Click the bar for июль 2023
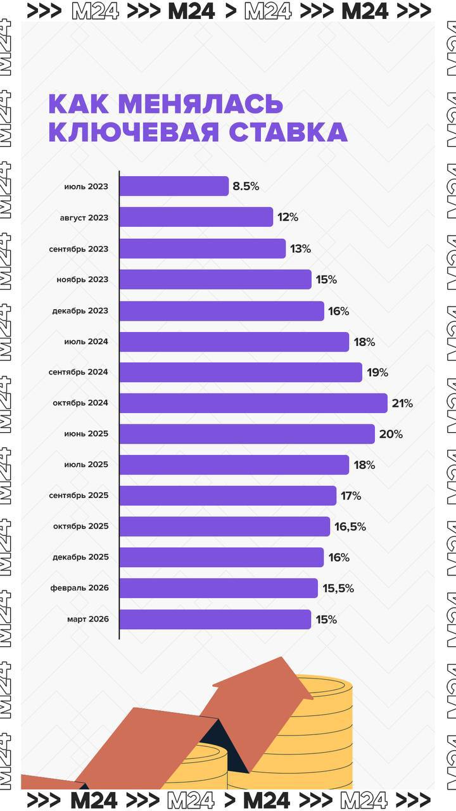point(174,186)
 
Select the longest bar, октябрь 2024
point(253,403)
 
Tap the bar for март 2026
point(215,620)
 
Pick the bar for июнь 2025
point(246,434)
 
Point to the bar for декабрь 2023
point(221,311)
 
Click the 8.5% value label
point(246,187)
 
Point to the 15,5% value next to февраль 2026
point(338,589)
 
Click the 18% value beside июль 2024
point(364,342)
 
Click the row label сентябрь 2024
point(79,373)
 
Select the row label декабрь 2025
point(80,558)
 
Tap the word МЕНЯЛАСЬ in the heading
point(200,104)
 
